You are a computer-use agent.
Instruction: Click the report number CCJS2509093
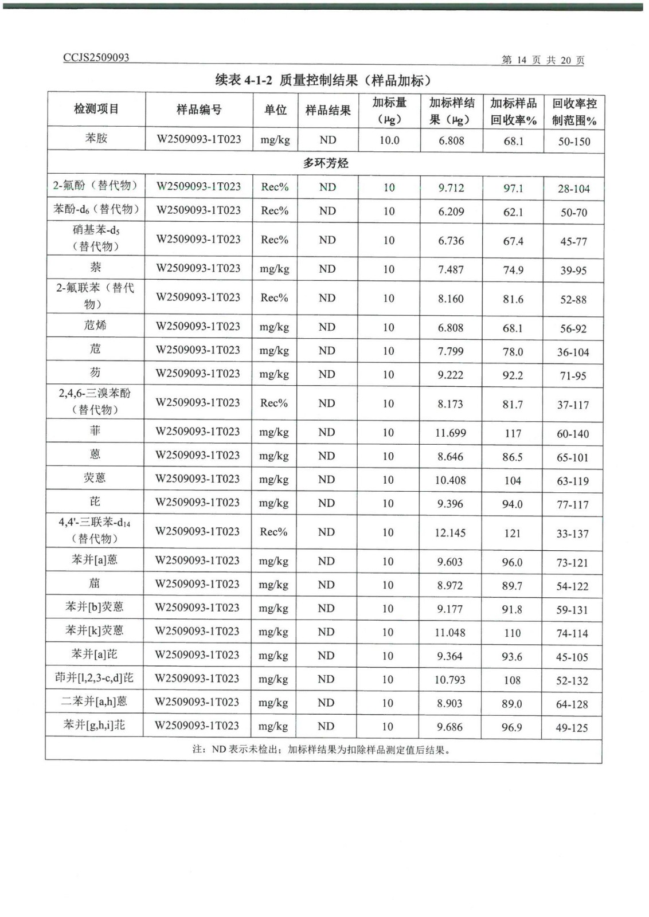click(96, 57)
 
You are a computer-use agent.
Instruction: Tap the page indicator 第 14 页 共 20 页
click(542, 60)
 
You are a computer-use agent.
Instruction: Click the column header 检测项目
click(96, 109)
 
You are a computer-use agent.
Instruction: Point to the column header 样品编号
click(199, 109)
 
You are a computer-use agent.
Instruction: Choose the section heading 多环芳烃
click(326, 163)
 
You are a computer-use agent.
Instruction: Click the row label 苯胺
click(96, 138)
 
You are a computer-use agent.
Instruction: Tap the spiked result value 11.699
click(451, 433)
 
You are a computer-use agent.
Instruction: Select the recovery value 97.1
click(513, 188)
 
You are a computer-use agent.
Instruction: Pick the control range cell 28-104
click(573, 189)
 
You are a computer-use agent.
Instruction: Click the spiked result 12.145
click(450, 533)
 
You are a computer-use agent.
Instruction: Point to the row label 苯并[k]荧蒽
click(95, 630)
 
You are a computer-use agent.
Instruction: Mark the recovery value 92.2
click(513, 375)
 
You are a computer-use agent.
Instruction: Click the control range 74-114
click(572, 633)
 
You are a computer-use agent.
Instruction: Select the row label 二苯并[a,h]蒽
click(94, 702)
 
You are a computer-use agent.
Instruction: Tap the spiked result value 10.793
click(450, 680)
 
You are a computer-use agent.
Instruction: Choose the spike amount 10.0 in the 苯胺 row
click(389, 140)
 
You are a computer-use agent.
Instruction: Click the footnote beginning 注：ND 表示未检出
click(321, 750)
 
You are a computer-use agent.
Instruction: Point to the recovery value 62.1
click(513, 212)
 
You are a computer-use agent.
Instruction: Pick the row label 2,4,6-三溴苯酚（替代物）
click(95, 401)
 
